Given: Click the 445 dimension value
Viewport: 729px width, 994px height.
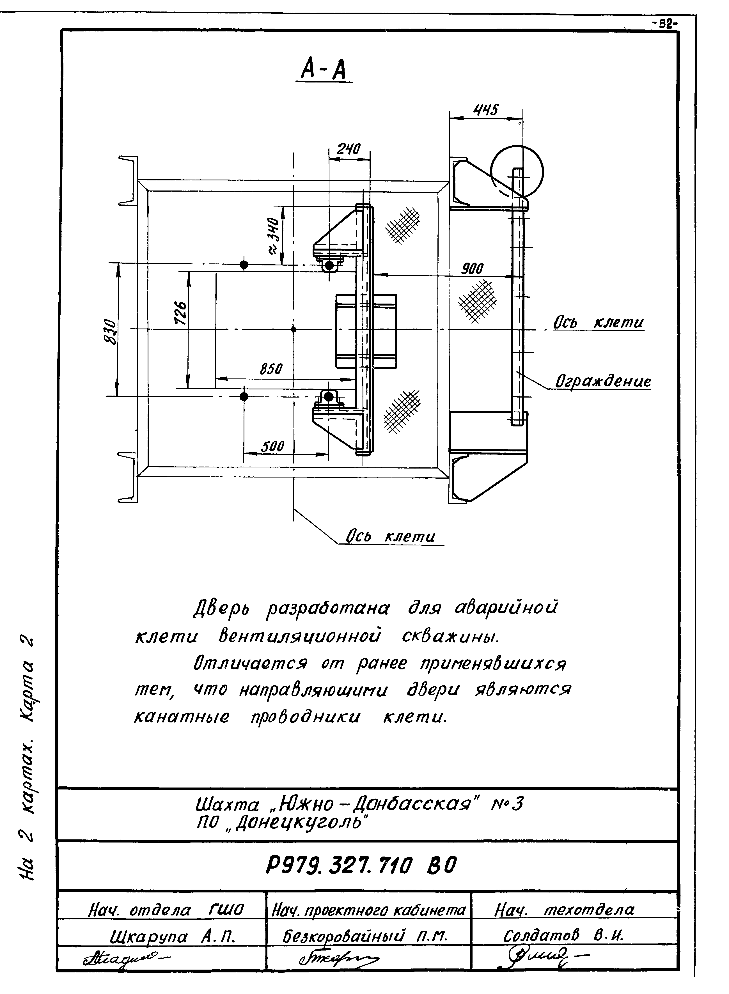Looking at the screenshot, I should pos(486,109).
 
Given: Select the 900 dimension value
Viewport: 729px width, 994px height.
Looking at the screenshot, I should pos(472,268).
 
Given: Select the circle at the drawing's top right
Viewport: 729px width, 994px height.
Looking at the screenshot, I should pos(517,172).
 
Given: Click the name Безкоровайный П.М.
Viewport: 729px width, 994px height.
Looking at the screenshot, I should pos(365,936).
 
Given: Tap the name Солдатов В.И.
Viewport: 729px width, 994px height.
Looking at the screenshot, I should pos(563,935).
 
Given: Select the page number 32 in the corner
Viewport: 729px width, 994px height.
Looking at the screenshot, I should pos(667,25).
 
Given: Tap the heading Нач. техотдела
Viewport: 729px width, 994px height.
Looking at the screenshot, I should pos(565,909).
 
